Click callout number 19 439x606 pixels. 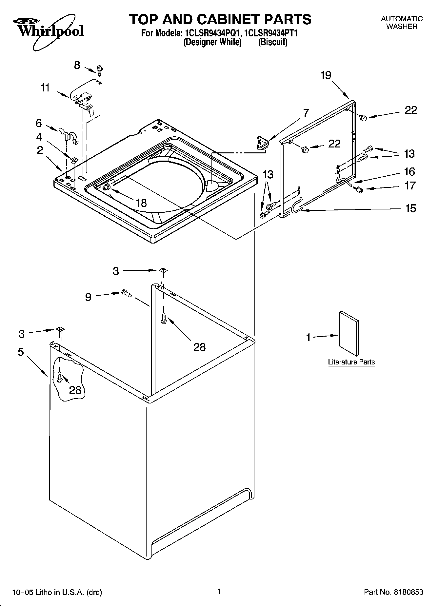(326, 75)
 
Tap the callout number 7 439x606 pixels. (306, 113)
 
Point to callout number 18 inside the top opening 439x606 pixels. (141, 203)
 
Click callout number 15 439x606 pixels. (410, 208)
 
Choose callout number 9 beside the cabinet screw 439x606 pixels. (88, 297)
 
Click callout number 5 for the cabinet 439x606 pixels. (21, 352)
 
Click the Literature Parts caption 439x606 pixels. (351, 362)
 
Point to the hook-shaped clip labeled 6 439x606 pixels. (69, 135)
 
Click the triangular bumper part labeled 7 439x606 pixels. (261, 143)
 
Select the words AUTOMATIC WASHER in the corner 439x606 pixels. (402, 23)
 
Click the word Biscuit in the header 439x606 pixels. (273, 42)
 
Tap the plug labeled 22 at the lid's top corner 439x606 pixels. (363, 117)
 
